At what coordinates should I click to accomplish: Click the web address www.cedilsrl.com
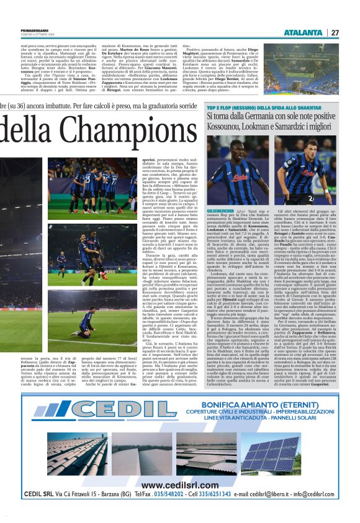pyautogui.click(x=181, y=484)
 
